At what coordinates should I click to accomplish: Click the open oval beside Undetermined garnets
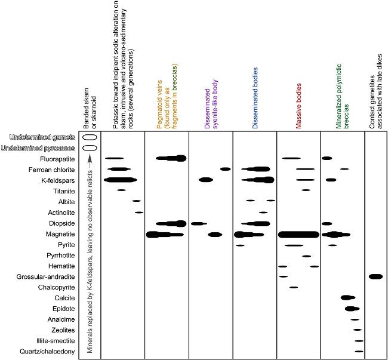(x=90, y=137)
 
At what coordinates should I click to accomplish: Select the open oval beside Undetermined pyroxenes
(x=90, y=147)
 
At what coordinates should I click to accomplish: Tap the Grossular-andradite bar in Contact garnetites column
(x=375, y=276)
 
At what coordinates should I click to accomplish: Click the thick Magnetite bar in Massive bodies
(x=298, y=234)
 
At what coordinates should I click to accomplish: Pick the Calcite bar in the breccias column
(x=347, y=297)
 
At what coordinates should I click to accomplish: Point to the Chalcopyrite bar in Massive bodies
(x=294, y=287)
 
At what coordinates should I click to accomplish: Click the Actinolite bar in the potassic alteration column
(x=139, y=212)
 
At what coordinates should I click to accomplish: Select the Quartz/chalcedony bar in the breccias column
(x=359, y=351)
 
